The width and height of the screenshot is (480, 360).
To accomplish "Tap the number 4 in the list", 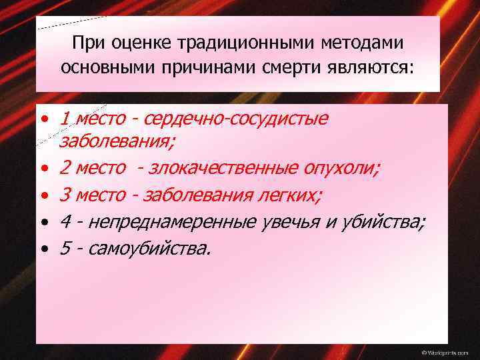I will [x=65, y=221].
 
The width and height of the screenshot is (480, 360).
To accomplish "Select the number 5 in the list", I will [x=65, y=248].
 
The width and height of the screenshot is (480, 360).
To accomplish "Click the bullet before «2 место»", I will [x=43, y=169].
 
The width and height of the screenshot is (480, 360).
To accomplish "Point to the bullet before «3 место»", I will [x=43, y=195].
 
